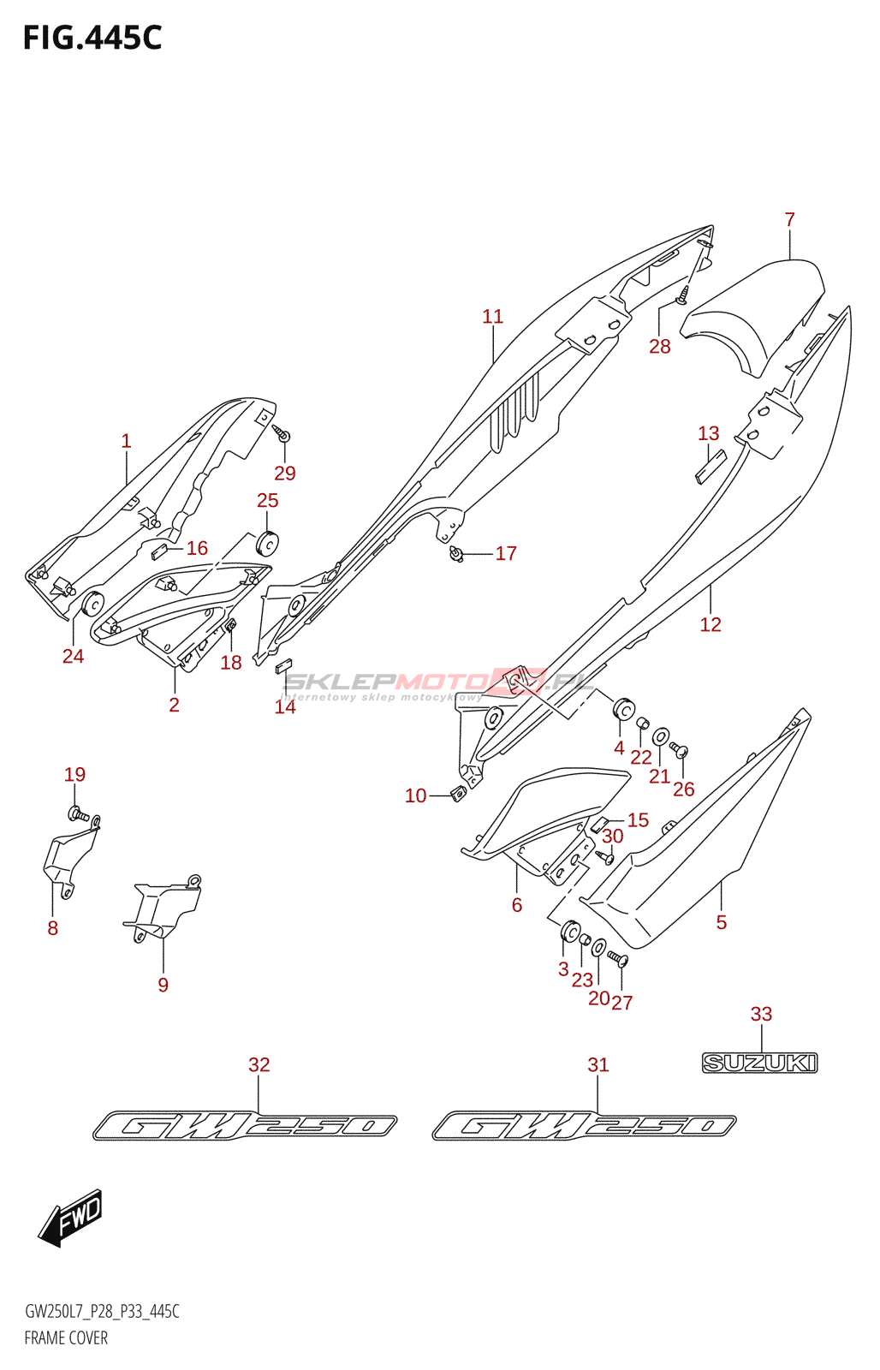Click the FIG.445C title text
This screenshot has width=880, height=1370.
click(92, 39)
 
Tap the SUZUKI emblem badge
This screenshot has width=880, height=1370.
click(759, 1063)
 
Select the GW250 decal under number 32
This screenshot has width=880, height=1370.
click(245, 1125)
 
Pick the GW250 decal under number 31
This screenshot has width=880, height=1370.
click(584, 1125)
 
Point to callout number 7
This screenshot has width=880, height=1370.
click(789, 220)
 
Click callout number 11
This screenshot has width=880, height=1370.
click(492, 317)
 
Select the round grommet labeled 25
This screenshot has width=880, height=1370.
click(268, 543)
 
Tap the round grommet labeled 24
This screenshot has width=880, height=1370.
click(91, 605)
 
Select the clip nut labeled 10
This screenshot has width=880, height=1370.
click(458, 794)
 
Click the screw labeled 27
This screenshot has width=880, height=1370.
click(620, 960)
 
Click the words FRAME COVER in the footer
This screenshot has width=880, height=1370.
click(66, 1337)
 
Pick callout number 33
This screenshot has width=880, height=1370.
click(761, 1015)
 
